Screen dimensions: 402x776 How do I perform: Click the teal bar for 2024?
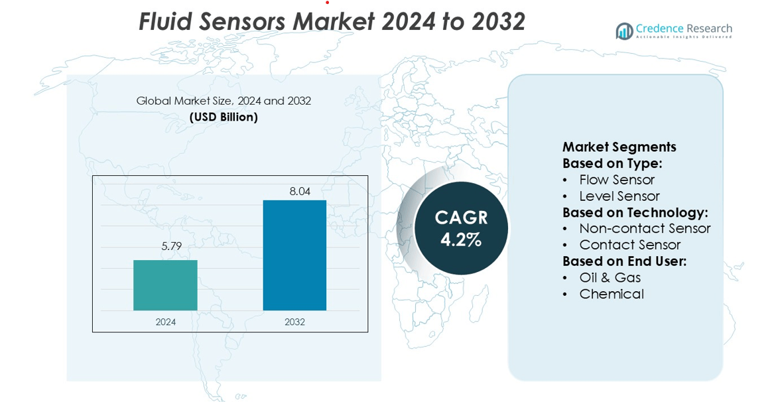[x=165, y=285]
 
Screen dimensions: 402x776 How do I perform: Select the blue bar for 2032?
[x=294, y=255]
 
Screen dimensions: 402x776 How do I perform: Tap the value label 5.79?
[x=171, y=246]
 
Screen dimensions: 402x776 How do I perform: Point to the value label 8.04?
[x=300, y=191]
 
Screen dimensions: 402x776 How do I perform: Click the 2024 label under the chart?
[x=166, y=322]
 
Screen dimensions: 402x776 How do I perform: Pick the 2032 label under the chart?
[x=294, y=322]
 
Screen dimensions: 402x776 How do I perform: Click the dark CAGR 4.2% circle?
[x=461, y=228]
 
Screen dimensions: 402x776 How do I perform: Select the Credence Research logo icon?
[x=624, y=31]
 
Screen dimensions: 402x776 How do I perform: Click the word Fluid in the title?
[x=164, y=22]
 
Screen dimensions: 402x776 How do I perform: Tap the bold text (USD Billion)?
[x=224, y=117]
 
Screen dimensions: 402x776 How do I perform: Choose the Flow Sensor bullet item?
[x=617, y=180]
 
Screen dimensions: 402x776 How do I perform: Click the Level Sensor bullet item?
[x=619, y=196]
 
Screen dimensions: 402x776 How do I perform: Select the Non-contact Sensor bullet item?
[x=645, y=228]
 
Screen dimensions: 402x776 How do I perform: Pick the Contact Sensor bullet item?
[x=630, y=245]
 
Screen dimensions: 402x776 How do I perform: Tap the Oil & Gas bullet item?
[x=610, y=277]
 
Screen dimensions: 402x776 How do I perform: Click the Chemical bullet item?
[x=612, y=294]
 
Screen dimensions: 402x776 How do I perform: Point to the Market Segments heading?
[x=619, y=147]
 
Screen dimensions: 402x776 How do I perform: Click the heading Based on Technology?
[x=635, y=212]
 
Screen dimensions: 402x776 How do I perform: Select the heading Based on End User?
[x=624, y=261]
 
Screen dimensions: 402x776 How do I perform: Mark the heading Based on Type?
[x=612, y=163]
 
